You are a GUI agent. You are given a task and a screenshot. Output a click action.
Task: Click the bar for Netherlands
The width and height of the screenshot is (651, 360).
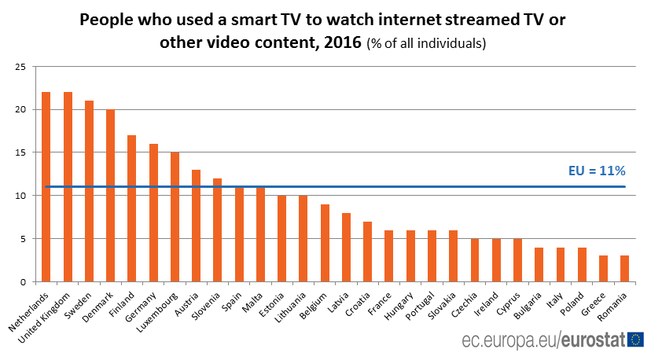click(x=46, y=186)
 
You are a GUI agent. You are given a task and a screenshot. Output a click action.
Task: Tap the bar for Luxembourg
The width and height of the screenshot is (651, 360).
click(x=175, y=217)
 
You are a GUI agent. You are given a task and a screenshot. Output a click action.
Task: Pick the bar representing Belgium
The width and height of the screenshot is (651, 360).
click(x=325, y=243)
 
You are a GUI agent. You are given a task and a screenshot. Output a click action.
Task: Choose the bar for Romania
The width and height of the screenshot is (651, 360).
click(x=625, y=268)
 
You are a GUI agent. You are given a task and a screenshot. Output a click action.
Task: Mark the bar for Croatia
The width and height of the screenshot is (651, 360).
click(x=367, y=252)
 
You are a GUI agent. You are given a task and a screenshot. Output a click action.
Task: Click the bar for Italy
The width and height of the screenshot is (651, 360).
click(x=561, y=264)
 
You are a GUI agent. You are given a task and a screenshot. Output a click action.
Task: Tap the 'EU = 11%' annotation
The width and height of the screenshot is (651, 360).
click(x=596, y=171)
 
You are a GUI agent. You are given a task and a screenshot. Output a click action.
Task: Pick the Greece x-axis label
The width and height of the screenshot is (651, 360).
click(x=594, y=299)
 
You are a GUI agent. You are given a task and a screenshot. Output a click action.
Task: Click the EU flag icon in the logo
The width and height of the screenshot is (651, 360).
click(x=635, y=340)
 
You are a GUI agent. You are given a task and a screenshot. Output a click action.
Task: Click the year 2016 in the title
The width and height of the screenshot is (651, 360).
click(x=343, y=42)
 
